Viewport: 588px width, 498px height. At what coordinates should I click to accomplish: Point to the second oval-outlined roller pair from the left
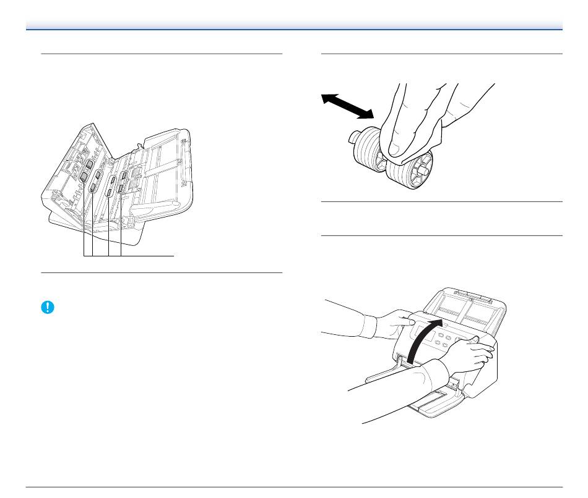click(95, 181)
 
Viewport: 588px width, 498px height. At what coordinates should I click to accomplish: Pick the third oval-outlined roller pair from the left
click(111, 187)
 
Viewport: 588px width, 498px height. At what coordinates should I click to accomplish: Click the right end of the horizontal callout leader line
click(174, 255)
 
